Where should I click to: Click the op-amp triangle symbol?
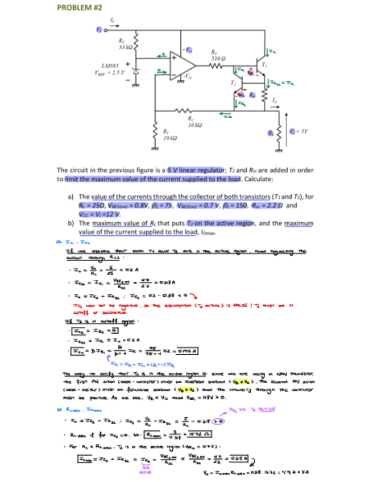coord(182,64)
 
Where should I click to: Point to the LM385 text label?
coord(110,65)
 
